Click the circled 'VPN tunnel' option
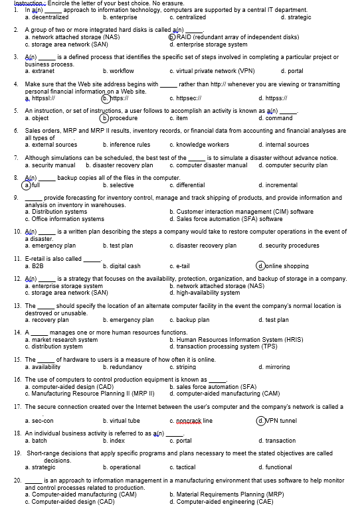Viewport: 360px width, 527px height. tap(282, 420)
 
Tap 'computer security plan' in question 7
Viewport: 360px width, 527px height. tap(296, 165)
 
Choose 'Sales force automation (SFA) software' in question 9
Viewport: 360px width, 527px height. tap(221, 219)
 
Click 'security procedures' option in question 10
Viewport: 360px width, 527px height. tap(292, 246)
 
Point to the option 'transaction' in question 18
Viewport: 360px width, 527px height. tap(280, 441)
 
